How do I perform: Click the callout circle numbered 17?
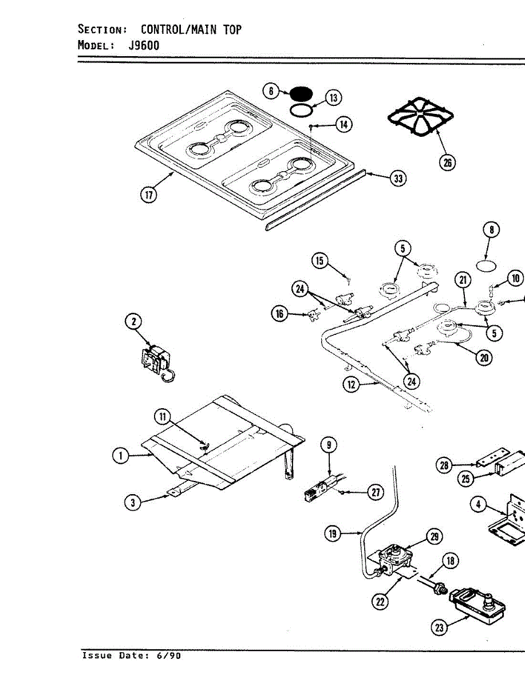(x=149, y=195)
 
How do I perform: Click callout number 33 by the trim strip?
(x=397, y=179)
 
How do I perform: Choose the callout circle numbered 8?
(x=491, y=230)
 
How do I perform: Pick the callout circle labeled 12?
(x=351, y=385)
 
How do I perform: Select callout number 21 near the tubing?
(x=463, y=280)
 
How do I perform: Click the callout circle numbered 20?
(x=484, y=357)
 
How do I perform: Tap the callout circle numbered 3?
(x=133, y=503)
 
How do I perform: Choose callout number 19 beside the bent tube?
(x=333, y=534)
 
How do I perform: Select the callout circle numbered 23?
(x=439, y=627)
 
